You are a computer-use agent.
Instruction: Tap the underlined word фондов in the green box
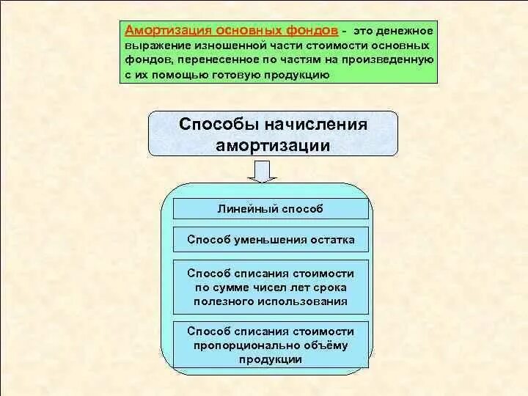click(312, 31)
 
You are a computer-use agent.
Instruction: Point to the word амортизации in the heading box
click(273, 145)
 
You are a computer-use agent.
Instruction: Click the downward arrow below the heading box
click(262, 172)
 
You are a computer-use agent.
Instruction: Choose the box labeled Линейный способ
click(271, 208)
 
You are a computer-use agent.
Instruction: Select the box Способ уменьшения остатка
click(271, 240)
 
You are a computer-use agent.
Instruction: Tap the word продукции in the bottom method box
click(271, 359)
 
